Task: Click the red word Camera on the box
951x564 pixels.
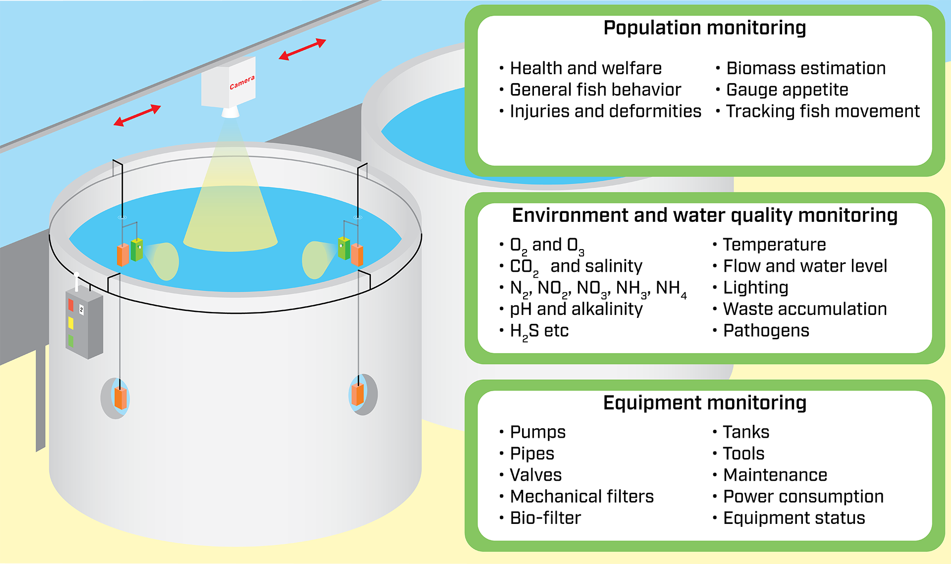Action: tap(242, 83)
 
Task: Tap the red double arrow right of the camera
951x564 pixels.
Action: tap(302, 49)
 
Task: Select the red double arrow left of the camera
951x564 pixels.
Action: tap(137, 115)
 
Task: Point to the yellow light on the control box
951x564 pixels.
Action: tap(71, 323)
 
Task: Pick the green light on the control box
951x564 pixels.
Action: tap(70, 341)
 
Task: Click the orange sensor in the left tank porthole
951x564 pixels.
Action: tap(120, 399)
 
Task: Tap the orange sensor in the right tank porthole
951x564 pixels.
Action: tap(358, 395)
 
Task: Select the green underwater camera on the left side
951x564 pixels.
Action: tap(137, 250)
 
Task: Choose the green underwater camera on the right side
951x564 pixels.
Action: tap(344, 248)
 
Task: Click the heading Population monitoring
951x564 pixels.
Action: tap(704, 28)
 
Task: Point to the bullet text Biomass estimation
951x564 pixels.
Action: tap(806, 68)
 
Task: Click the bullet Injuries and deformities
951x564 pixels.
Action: tap(605, 111)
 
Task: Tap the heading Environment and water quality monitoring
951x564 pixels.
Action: tap(704, 216)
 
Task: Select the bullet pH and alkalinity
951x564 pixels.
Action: tap(576, 309)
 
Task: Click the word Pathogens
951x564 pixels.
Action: tap(766, 331)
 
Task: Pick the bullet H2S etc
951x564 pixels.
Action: tap(539, 331)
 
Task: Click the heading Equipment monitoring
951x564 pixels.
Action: tap(704, 403)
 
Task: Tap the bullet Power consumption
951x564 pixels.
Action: tap(803, 497)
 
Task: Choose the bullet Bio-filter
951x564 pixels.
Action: tap(545, 518)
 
